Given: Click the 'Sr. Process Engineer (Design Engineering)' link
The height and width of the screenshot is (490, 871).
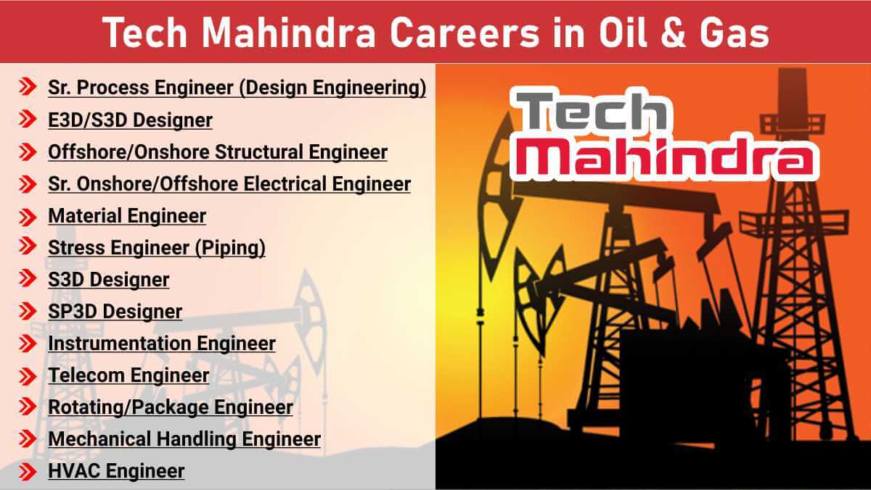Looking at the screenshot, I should (x=237, y=88).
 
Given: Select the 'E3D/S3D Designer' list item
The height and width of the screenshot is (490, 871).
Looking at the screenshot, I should (x=130, y=120).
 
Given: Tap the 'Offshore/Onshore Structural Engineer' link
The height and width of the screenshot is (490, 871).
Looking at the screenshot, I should (x=218, y=152).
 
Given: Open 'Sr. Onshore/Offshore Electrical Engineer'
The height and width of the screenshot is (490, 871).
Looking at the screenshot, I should (x=229, y=184).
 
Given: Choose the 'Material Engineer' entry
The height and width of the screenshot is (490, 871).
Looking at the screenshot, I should (x=127, y=216).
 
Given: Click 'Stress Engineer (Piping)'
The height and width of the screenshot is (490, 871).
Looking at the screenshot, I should (x=157, y=248).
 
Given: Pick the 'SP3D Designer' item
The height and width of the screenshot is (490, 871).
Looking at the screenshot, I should (x=115, y=312).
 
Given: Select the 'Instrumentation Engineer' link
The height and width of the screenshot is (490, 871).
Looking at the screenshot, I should (x=162, y=344).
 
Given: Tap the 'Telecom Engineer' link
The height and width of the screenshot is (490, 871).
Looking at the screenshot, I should (x=128, y=375).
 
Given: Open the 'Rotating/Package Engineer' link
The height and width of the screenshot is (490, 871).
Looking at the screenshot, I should (x=171, y=407).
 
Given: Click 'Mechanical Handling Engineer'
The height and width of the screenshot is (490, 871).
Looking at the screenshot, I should (x=184, y=439).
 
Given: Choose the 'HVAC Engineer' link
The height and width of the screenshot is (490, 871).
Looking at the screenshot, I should (x=116, y=471).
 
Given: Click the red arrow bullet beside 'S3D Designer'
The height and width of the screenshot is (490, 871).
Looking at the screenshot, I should (x=28, y=280).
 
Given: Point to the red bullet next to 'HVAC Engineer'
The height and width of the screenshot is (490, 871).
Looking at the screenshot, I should (x=28, y=472).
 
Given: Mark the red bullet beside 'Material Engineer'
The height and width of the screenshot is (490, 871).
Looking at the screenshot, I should (x=28, y=216).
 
